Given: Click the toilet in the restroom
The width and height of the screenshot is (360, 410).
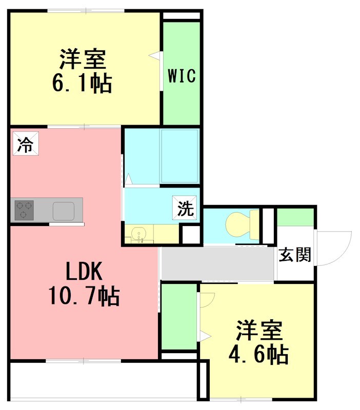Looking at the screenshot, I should tap(240, 224).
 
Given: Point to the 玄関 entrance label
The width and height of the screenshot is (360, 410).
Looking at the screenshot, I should tap(295, 255).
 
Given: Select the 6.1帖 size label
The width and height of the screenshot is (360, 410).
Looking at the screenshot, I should tap(82, 83).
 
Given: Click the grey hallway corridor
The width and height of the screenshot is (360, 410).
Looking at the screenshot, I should tap(218, 263).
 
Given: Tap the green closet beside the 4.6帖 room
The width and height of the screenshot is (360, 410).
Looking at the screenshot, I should tap(179, 318).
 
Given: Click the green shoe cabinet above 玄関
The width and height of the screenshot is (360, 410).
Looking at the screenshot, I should tap(295, 217).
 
